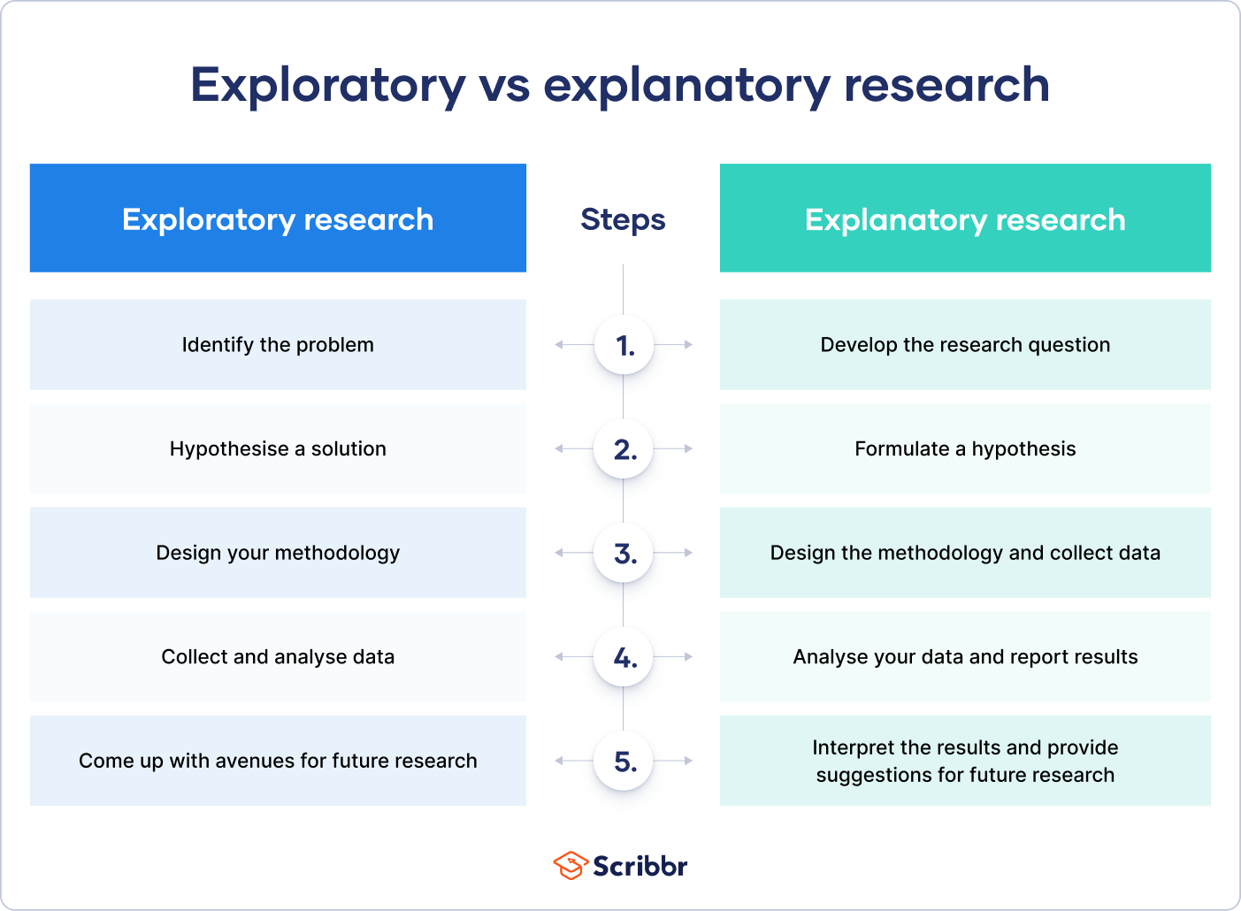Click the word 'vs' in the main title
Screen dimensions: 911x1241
click(504, 86)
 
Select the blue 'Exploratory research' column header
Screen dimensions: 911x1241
click(278, 218)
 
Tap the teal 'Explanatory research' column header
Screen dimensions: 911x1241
click(965, 218)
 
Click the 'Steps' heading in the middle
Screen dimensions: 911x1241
click(623, 219)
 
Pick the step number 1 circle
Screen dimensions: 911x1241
click(624, 345)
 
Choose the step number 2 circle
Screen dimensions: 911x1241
click(624, 449)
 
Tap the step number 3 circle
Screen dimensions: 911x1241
click(624, 554)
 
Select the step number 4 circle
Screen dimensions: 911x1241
click(624, 657)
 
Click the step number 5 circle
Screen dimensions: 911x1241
click(624, 762)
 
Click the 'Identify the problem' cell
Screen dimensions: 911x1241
click(278, 345)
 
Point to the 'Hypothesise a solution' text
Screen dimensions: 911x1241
click(278, 449)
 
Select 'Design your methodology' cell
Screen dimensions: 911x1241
click(278, 553)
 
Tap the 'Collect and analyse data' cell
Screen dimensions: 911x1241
click(278, 657)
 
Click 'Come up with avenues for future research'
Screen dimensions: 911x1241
click(278, 761)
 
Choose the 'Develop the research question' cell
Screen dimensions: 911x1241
click(965, 345)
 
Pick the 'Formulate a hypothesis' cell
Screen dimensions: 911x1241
click(965, 449)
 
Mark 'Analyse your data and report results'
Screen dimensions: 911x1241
click(965, 657)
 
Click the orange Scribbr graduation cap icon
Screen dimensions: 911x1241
click(571, 865)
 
